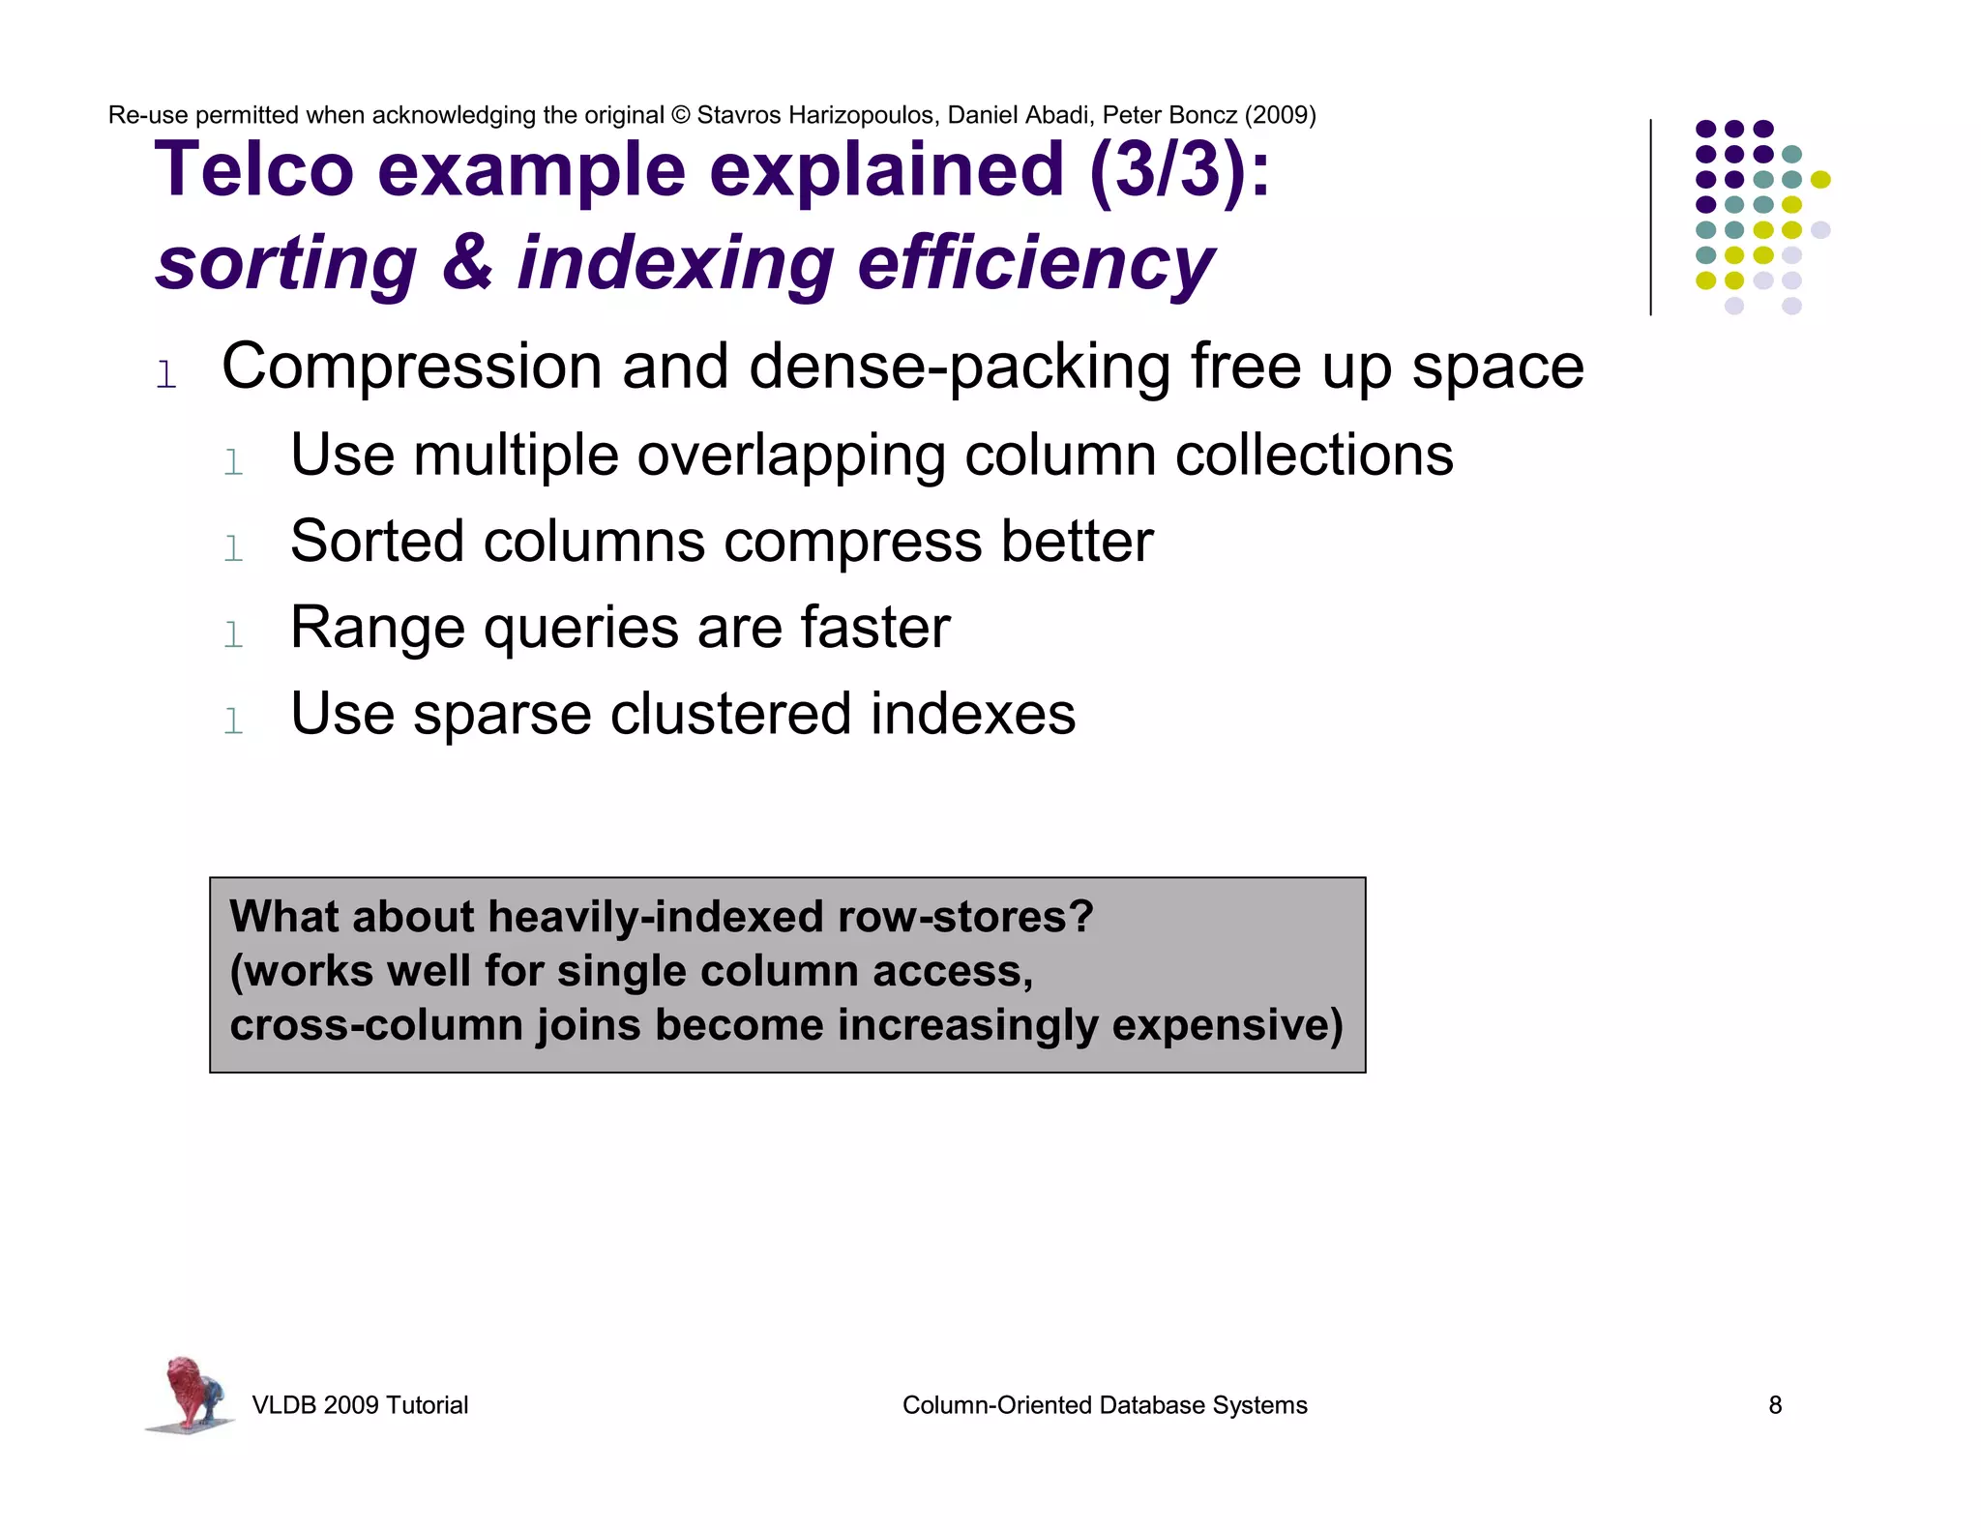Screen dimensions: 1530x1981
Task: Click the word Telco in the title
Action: coord(254,170)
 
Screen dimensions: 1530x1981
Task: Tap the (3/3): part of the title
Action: coord(1179,170)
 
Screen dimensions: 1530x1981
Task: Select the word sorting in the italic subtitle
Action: coord(286,263)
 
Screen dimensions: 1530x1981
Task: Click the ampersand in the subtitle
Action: coord(467,263)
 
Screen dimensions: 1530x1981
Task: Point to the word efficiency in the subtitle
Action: coord(1035,263)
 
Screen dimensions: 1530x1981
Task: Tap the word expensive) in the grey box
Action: coord(1227,1025)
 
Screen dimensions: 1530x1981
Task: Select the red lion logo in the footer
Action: coord(192,1394)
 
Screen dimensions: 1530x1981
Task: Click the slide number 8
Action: coord(1775,1405)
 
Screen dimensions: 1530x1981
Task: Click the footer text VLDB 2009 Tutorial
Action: coord(360,1405)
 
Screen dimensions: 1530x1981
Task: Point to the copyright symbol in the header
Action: coord(680,115)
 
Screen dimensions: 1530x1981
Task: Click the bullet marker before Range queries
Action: coord(233,635)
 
